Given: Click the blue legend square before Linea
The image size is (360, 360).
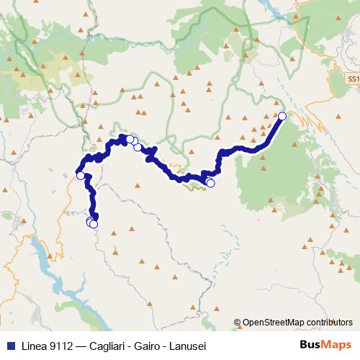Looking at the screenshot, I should coord(6,345).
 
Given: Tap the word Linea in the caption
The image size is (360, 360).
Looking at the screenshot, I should coord(26,345).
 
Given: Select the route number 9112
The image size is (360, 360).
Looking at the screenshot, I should coord(55,345).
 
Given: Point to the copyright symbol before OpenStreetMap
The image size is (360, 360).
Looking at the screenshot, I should coord(237,323).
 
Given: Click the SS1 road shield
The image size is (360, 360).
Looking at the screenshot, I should coord(351,78).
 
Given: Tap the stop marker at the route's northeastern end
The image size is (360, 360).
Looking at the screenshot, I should coord(282,116).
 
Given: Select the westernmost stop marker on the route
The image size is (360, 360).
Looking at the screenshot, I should coord(81,175).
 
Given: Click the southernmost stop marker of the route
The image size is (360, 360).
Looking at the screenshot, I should coord(93,224).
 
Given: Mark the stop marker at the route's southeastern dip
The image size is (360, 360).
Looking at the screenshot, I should coord(210,183).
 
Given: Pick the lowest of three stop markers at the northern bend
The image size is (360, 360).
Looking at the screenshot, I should coord(137,147).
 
